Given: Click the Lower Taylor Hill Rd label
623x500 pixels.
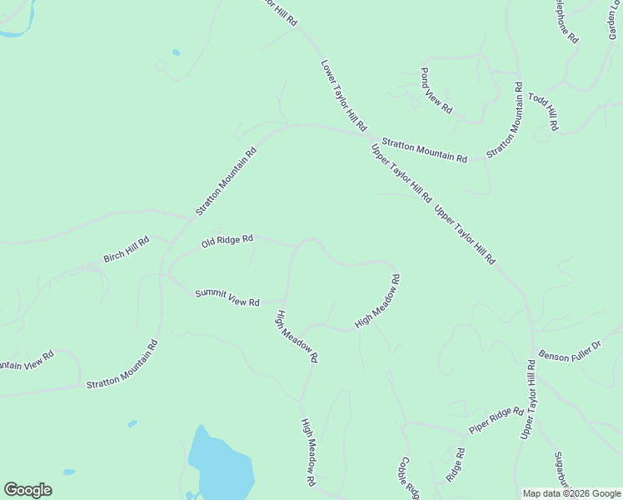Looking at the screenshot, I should (x=343, y=96).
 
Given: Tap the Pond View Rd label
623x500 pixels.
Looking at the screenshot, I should (x=436, y=91).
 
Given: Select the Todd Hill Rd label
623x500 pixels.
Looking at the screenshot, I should (x=541, y=112).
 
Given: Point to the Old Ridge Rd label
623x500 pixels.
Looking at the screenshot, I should (x=227, y=242).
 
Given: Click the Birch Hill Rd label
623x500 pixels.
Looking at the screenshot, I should (x=126, y=248).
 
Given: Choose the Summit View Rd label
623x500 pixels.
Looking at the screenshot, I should (x=227, y=297).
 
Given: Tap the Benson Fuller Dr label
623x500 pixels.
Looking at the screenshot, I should (x=570, y=351).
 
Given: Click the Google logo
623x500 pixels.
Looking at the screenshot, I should (x=27, y=490).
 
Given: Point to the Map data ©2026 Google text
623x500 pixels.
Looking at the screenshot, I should (x=571, y=493).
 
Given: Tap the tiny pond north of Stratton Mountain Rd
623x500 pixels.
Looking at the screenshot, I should (x=176, y=52).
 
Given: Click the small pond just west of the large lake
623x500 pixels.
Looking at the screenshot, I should (x=132, y=424).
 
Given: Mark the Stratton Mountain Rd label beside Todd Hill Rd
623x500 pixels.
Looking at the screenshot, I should (x=506, y=120).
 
